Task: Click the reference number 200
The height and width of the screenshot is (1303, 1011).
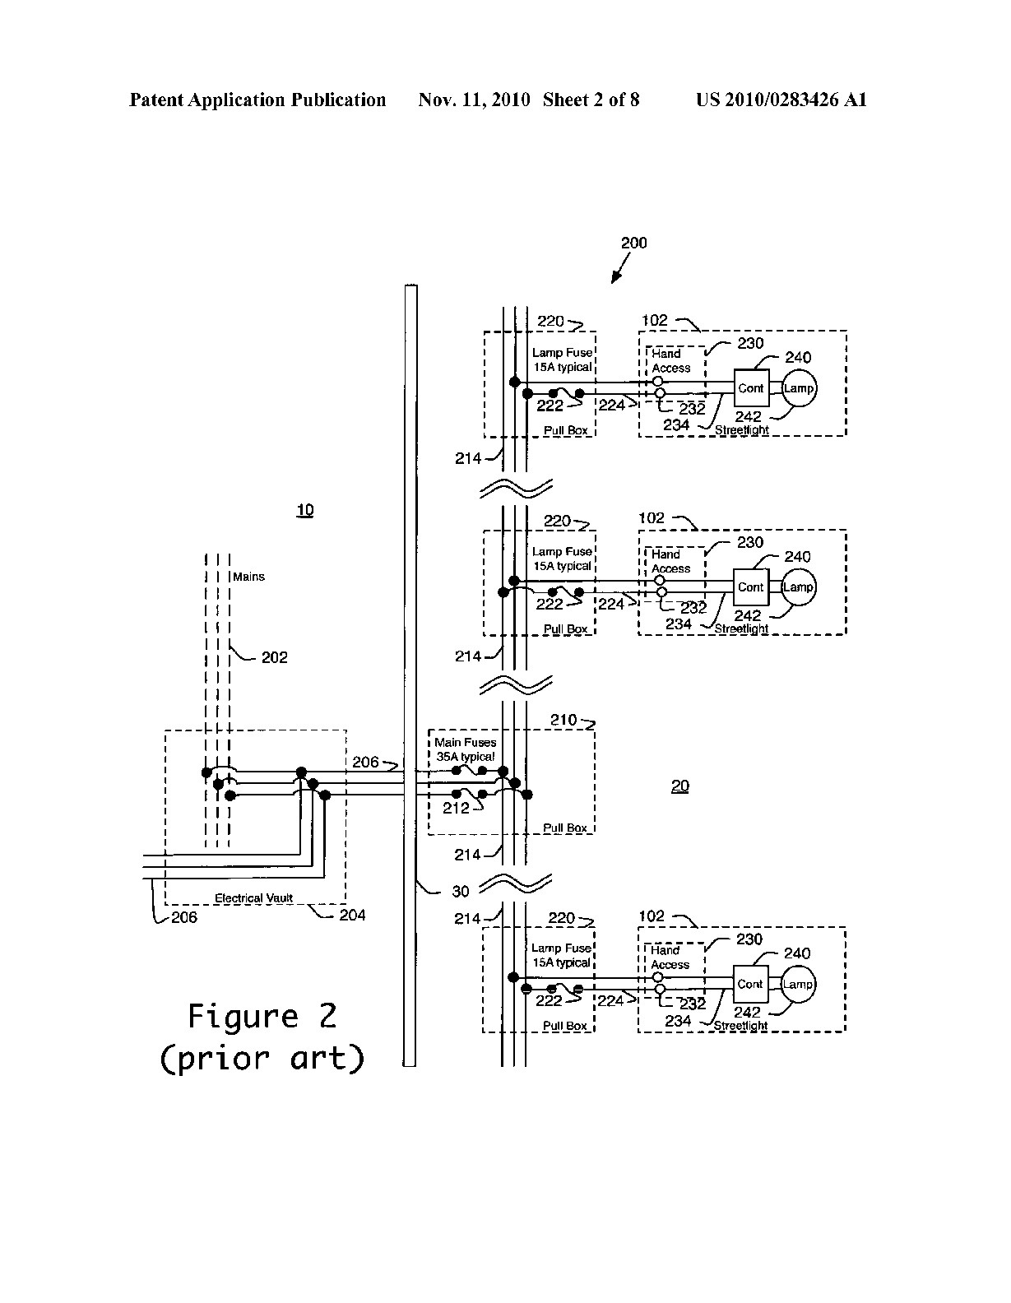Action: point(633,243)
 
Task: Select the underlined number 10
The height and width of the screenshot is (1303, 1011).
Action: point(305,511)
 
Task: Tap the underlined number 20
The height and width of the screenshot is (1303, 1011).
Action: point(680,786)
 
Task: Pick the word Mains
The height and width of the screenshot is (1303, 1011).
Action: point(248,577)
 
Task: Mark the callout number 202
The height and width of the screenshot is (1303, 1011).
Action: point(275,657)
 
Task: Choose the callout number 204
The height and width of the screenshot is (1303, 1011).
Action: point(352,915)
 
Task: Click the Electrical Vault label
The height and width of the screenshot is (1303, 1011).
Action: point(253,898)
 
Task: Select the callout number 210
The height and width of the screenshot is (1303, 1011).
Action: point(564,720)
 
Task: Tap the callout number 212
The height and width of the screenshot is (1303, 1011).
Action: point(457,808)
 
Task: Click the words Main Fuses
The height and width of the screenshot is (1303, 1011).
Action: point(466,742)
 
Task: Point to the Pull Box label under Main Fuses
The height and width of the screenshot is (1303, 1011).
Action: point(565,828)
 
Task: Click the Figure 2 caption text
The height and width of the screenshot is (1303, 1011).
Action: point(262,1017)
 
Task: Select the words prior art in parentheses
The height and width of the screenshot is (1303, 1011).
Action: point(262,1058)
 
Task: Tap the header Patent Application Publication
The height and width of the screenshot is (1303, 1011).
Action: point(257,100)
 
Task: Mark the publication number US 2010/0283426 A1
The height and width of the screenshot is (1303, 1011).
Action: point(781,100)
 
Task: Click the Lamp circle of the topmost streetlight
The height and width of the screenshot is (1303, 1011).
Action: point(798,388)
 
